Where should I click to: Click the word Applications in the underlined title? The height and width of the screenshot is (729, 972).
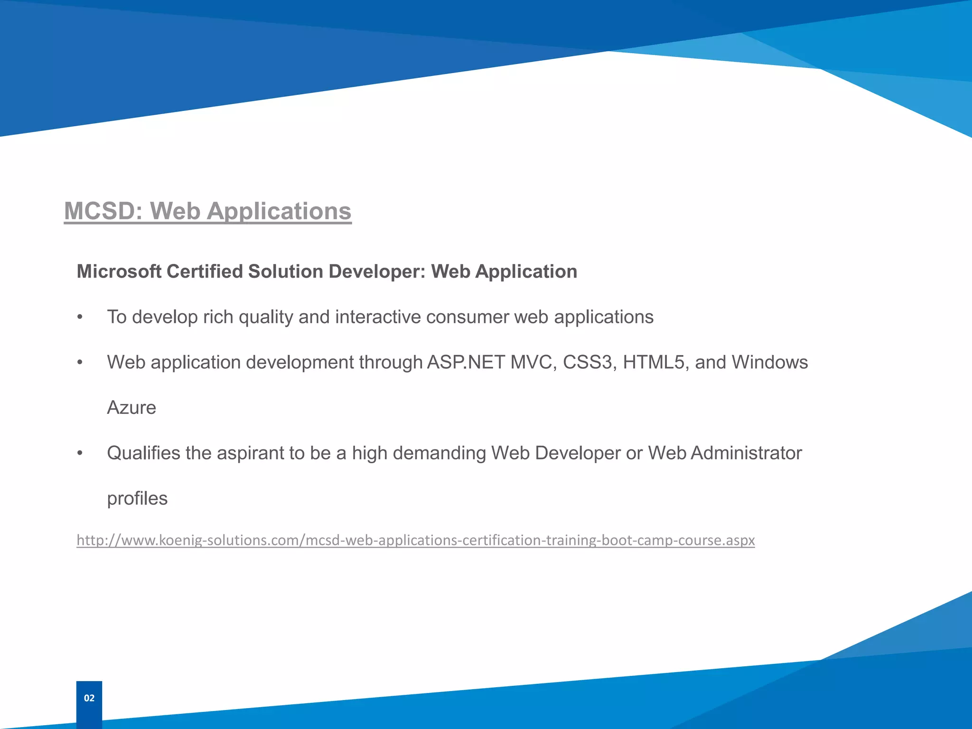coord(279,211)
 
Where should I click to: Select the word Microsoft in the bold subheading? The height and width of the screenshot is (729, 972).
coord(119,271)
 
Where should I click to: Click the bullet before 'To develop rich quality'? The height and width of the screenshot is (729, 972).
coord(80,318)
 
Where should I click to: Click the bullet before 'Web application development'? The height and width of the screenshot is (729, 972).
coord(80,363)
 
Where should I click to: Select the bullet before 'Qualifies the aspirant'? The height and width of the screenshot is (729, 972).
coord(80,454)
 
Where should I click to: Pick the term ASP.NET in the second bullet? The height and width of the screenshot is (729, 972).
coord(466,363)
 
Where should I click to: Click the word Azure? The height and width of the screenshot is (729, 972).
coord(131,408)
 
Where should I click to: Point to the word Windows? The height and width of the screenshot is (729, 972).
coord(769,363)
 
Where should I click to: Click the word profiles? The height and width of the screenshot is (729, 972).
coord(137,499)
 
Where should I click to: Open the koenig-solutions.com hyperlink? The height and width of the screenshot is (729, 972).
coord(415,540)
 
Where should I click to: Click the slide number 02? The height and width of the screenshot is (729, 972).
coord(89,698)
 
